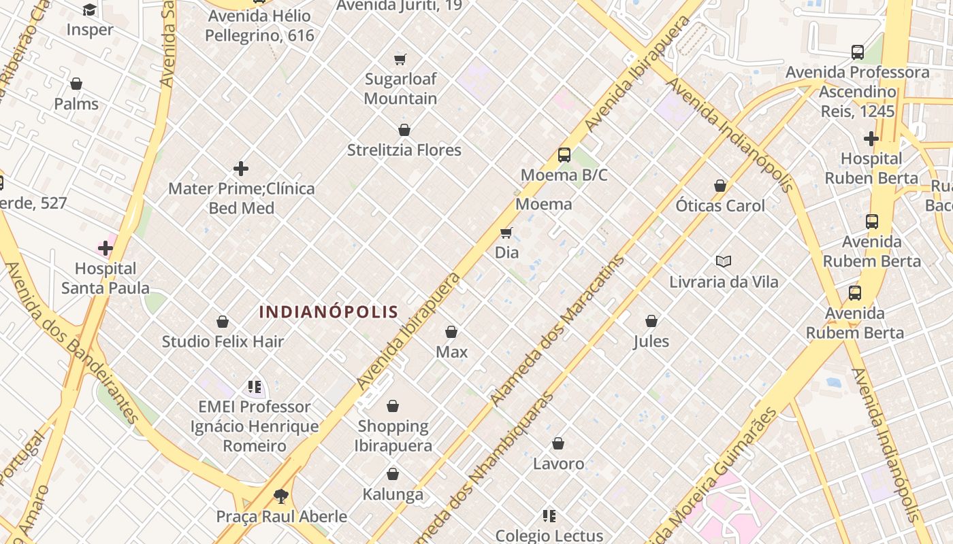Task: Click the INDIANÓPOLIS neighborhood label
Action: coord(329,312)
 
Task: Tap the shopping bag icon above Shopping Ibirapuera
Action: coord(393,406)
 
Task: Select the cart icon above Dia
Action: coord(506,233)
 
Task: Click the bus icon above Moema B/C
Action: coord(564,155)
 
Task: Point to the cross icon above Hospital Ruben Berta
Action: coord(871,139)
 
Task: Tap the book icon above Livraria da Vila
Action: coord(724,261)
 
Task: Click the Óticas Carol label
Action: coord(720,205)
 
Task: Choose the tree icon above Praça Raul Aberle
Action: coord(280,496)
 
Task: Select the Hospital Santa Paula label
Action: coord(106,278)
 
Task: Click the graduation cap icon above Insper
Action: coord(90,10)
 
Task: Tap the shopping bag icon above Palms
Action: coord(76,84)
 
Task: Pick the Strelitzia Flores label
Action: coord(404,150)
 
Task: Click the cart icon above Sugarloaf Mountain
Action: coord(400,59)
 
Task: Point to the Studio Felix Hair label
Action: coord(223,341)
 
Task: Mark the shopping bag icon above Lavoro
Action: coord(558,443)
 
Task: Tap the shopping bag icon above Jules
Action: coord(651,321)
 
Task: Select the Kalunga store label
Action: coord(393,494)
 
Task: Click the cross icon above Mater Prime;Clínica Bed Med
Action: coord(241,169)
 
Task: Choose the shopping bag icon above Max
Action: coord(451,332)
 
